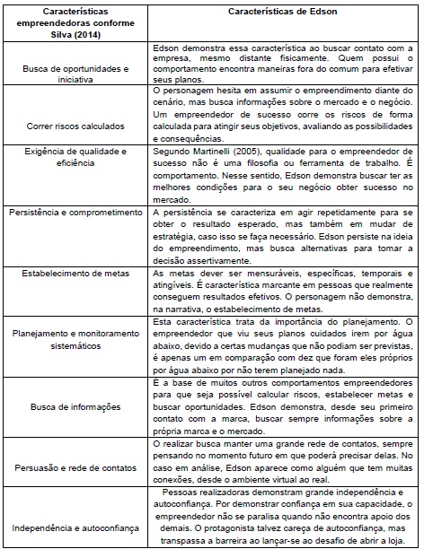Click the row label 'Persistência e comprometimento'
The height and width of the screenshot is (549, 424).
(x=74, y=212)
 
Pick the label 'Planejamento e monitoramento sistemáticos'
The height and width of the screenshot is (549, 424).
(x=74, y=334)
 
